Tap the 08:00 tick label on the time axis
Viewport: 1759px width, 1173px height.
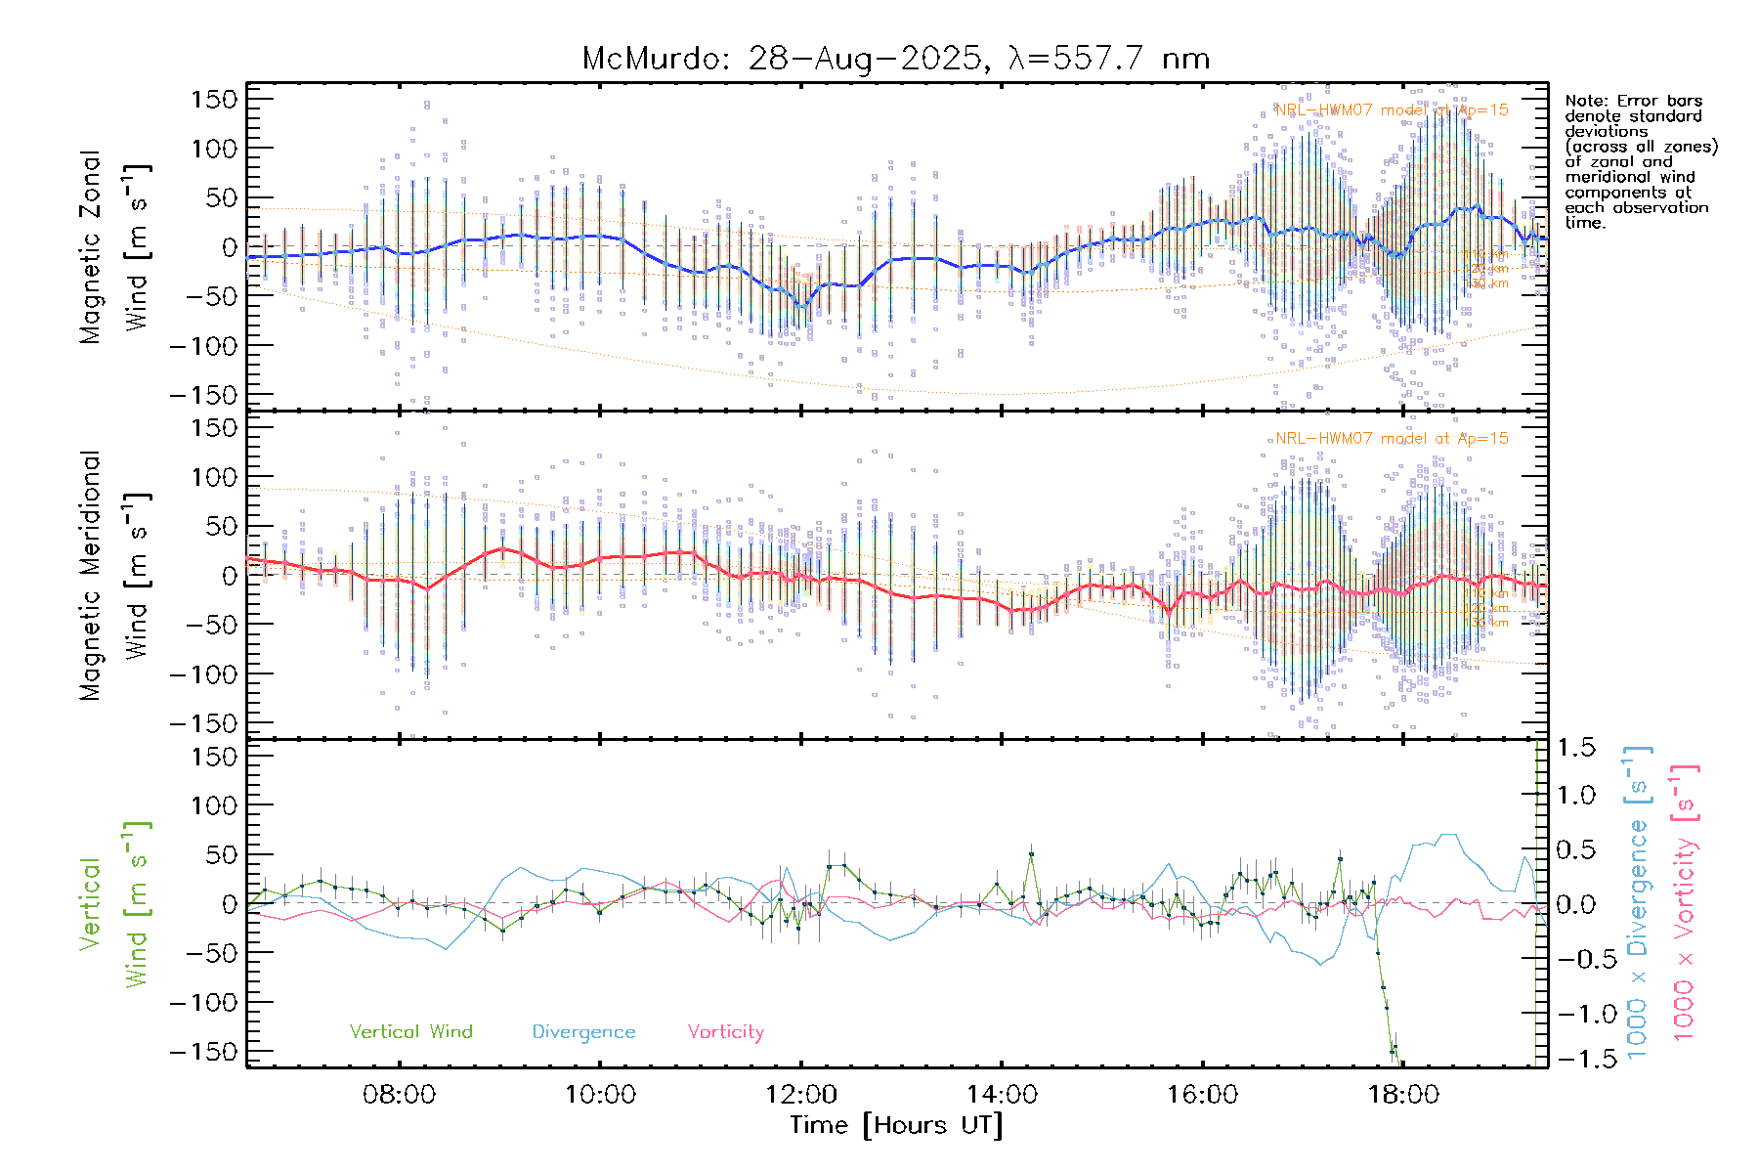pos(399,1095)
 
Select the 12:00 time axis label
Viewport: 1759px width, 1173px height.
pos(800,1095)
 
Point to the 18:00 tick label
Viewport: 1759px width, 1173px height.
pos(1403,1095)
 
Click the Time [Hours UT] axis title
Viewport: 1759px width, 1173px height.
pos(896,1125)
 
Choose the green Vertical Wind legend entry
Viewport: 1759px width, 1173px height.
pos(410,1032)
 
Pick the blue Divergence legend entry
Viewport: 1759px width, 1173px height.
pos(583,1032)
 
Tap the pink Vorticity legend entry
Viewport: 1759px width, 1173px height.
pos(725,1032)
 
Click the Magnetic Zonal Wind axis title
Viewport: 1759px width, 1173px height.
pos(115,247)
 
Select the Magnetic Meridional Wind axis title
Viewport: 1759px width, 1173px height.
pos(115,576)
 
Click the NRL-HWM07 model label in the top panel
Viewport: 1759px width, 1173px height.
pos(1392,110)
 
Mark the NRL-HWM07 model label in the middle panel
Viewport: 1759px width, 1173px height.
pos(1392,439)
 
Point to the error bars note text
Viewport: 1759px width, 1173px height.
pos(1640,161)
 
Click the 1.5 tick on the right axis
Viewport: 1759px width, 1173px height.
pos(1576,748)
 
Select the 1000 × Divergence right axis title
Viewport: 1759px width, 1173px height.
pos(1637,903)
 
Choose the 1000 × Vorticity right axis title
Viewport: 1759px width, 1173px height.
pos(1685,903)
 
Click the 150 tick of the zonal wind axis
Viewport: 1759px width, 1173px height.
pos(215,100)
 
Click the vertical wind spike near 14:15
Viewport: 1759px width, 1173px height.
pos(1030,855)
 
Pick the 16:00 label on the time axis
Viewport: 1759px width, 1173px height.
pos(1202,1095)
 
